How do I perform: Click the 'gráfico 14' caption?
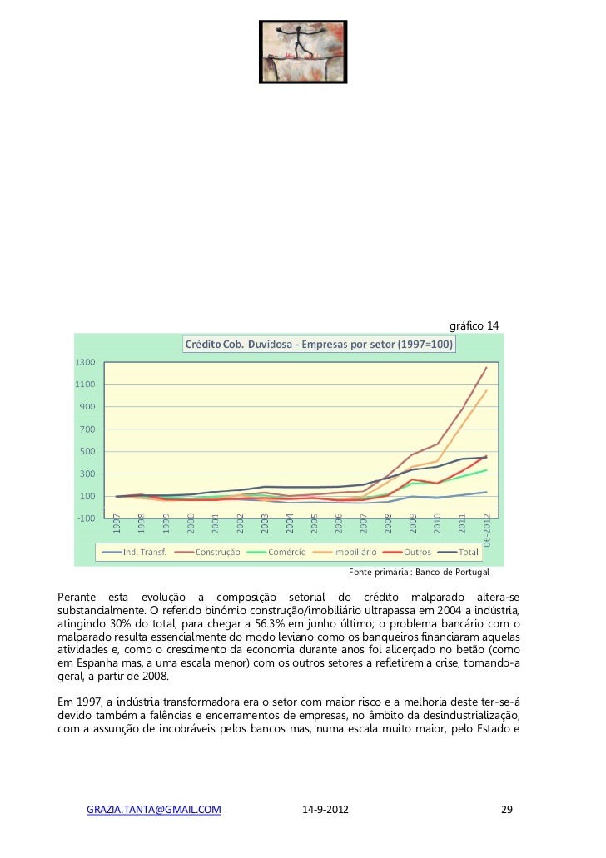474,324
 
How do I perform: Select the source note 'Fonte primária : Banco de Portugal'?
420,573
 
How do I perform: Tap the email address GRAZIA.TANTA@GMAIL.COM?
154,809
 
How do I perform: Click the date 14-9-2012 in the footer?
325,809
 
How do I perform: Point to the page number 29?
506,809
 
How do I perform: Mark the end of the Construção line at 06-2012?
487,367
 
